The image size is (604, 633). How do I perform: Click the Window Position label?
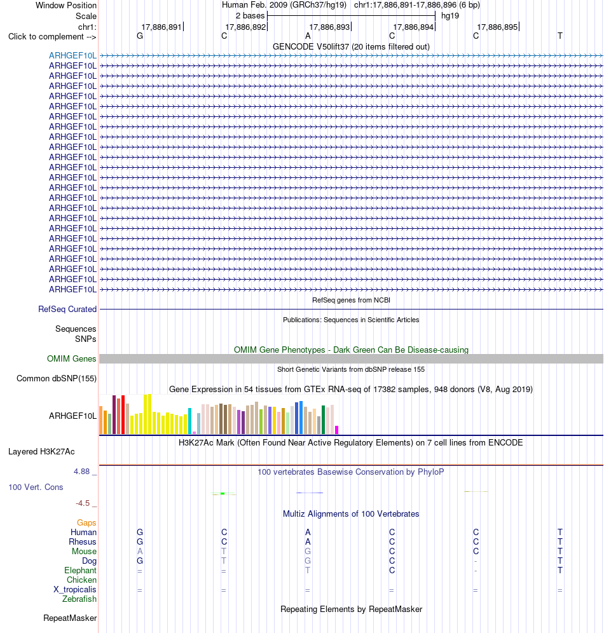tap(66, 5)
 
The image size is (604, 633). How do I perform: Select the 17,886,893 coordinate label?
tap(329, 27)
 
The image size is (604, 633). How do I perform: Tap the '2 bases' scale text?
tap(250, 16)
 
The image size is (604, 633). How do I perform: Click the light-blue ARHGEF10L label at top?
tap(72, 56)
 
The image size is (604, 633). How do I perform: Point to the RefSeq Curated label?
tap(67, 310)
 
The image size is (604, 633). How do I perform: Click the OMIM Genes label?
tap(71, 359)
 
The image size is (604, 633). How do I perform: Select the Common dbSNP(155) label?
tap(57, 379)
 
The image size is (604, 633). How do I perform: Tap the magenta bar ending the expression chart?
tap(337, 430)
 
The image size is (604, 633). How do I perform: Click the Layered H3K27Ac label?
tap(41, 452)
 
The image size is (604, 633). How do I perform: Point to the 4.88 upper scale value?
tap(81, 472)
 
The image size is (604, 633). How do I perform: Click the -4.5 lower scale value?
tap(83, 503)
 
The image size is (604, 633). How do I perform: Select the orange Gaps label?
tap(86, 523)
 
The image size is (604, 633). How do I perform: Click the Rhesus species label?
tap(83, 541)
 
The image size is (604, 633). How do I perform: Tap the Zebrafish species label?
tap(79, 599)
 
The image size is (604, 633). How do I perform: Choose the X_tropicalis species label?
tap(74, 590)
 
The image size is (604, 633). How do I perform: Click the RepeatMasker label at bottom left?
tap(70, 618)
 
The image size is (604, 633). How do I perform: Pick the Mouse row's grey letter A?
tap(140, 552)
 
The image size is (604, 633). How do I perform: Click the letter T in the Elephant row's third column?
tap(308, 571)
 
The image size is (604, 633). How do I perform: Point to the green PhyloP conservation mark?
tap(223, 494)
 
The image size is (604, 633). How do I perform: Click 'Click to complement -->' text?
tap(52, 37)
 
